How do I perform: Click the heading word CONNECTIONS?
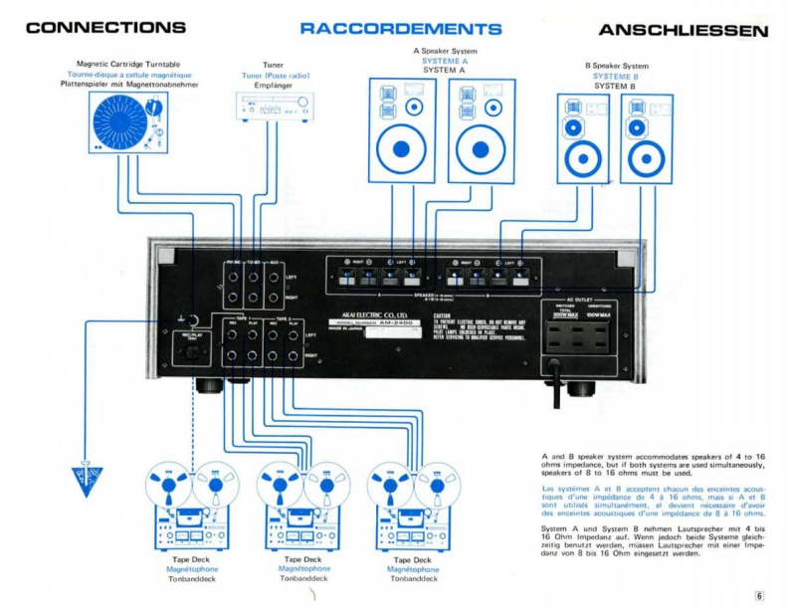click(105, 28)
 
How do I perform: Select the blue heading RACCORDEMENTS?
click(400, 29)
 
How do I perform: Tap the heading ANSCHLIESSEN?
click(683, 30)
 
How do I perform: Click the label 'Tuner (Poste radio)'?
click(275, 76)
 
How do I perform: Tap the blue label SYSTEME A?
click(444, 61)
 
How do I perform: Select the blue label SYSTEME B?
click(616, 76)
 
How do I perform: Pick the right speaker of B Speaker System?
click(647, 139)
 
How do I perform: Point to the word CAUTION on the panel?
click(444, 314)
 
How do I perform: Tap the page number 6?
click(759, 596)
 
